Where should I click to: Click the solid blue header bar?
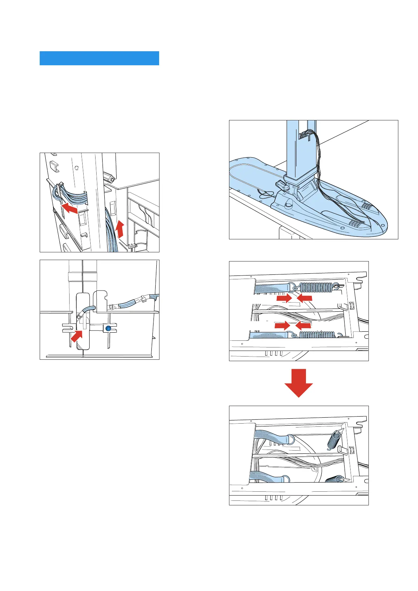(99, 58)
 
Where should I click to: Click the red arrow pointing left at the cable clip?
(70, 208)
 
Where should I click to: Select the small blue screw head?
(108, 328)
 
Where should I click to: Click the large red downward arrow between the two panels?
(298, 383)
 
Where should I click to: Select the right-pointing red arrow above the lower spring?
(282, 326)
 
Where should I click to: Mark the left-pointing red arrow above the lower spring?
(303, 326)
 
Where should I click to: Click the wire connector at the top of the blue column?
(304, 135)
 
